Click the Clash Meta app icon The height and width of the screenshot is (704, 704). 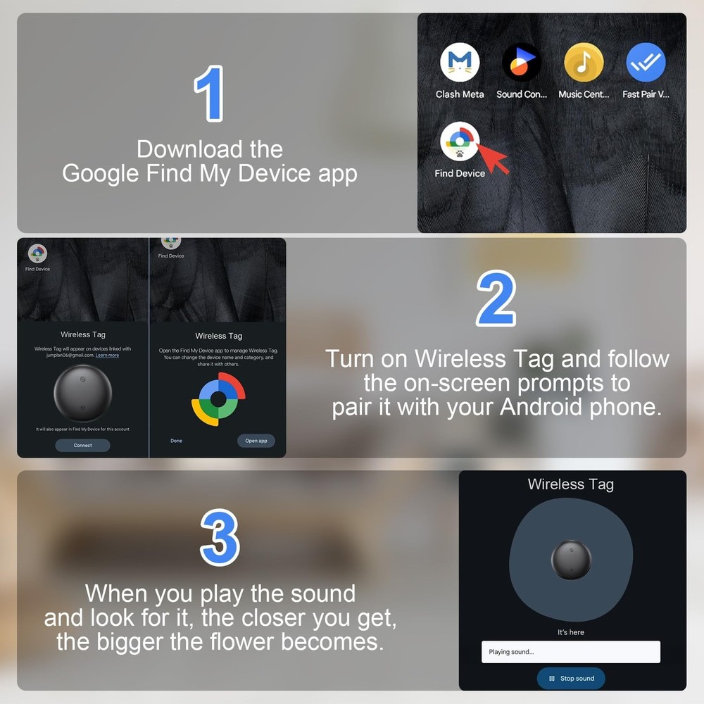coord(460,63)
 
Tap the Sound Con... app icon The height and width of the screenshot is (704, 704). coord(522,63)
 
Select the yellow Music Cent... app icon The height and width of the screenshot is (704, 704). coord(584,63)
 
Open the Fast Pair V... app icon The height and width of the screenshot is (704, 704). coord(646,63)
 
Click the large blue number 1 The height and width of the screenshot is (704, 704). coord(209,94)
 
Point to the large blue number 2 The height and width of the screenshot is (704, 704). coord(496,299)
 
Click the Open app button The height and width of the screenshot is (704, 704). coord(256,441)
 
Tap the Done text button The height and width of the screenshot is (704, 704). coord(176,441)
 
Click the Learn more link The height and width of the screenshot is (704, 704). coord(107,356)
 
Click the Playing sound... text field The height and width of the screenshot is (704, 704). coord(570,652)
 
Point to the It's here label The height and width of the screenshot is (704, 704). coord(570,632)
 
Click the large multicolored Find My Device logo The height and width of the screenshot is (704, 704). coord(218,399)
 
